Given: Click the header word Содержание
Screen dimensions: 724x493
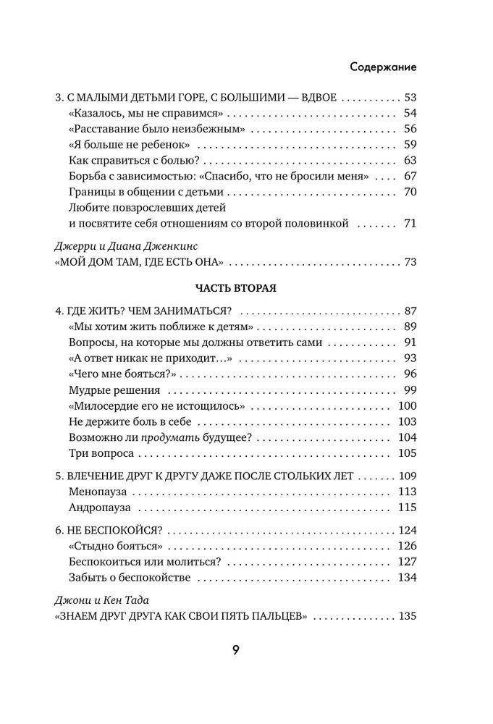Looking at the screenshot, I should pyautogui.click(x=382, y=67).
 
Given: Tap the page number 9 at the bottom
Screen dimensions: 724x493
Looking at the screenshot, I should pyautogui.click(x=236, y=649).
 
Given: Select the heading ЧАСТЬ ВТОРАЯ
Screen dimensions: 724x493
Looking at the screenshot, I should pyautogui.click(x=236, y=287).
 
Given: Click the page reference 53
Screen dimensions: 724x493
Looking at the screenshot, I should pyautogui.click(x=409, y=97).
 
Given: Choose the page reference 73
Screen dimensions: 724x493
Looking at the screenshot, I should pyautogui.click(x=409, y=261).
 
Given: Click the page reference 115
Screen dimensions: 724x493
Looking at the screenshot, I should pyautogui.click(x=407, y=507).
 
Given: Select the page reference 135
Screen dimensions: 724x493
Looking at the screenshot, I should pyautogui.click(x=407, y=617).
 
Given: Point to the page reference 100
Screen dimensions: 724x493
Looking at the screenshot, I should pyautogui.click(x=407, y=405).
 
